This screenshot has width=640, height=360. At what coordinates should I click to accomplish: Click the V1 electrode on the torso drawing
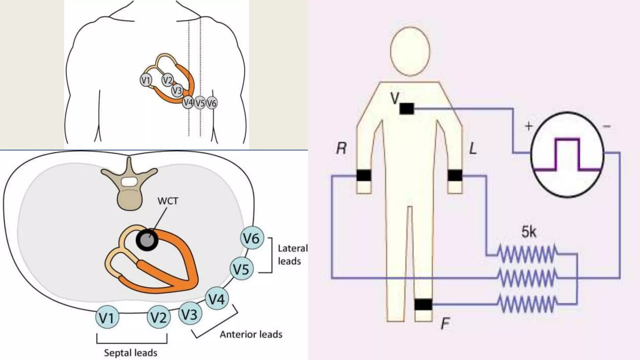pyautogui.click(x=146, y=80)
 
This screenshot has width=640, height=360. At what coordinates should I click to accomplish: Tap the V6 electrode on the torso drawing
pyautogui.click(x=212, y=103)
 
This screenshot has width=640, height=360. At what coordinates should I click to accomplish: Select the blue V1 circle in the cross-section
pyautogui.click(x=107, y=317)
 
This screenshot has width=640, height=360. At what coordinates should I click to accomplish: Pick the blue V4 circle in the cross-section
pyautogui.click(x=217, y=299)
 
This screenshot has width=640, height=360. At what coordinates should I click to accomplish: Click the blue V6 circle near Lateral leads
pyautogui.click(x=252, y=238)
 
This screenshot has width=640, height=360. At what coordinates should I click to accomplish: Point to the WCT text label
pyautogui.click(x=168, y=201)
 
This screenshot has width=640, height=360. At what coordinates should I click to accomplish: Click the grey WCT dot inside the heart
pyautogui.click(x=147, y=240)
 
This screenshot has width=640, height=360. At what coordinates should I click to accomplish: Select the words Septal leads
pyautogui.click(x=131, y=353)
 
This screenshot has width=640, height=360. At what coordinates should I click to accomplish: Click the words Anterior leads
pyautogui.click(x=251, y=334)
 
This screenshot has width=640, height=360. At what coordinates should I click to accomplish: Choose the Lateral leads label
pyautogui.click(x=292, y=255)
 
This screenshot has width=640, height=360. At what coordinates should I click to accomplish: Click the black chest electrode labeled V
pyautogui.click(x=407, y=109)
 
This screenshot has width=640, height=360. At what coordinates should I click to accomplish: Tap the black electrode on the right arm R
pyautogui.click(x=364, y=176)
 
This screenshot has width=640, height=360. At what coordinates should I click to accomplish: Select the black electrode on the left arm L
pyautogui.click(x=455, y=176)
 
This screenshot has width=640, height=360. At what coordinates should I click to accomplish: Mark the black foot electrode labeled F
pyautogui.click(x=423, y=304)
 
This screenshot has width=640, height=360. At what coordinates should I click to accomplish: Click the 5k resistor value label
pyautogui.click(x=529, y=232)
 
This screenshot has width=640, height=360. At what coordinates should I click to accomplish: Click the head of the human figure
pyautogui.click(x=410, y=51)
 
